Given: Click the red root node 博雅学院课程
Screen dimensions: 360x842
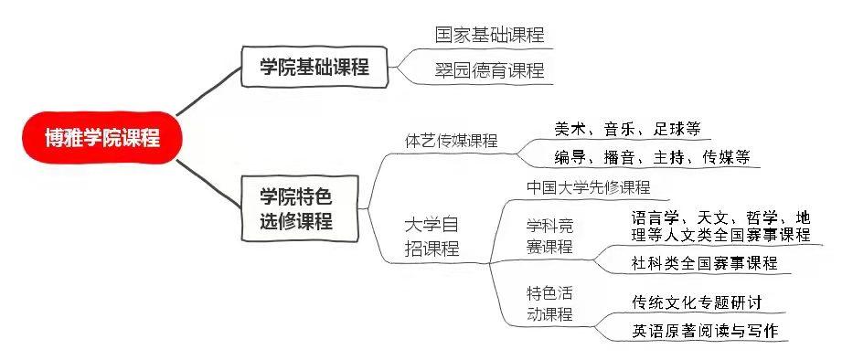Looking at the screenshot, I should coord(101,138).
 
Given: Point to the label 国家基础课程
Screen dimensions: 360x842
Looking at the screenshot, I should coord(489,35).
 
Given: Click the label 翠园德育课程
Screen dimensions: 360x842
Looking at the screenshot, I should coord(489,70).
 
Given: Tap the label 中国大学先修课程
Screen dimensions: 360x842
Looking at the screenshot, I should coord(588,187).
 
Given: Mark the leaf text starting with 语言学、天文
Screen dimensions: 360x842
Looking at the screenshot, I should coord(720,226).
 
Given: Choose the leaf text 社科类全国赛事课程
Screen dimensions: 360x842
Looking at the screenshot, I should coord(704,263).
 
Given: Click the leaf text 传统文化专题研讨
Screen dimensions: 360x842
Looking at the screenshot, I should coord(697,302).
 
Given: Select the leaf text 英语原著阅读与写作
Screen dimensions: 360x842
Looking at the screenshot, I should coord(704,331).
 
